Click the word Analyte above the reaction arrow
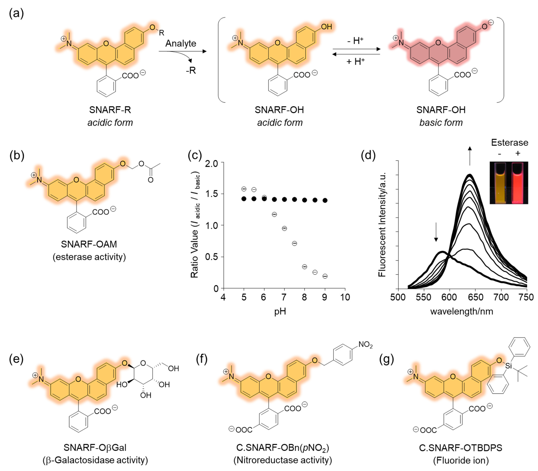(x=181, y=43)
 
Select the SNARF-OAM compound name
(x=89, y=244)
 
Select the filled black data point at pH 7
(x=284, y=199)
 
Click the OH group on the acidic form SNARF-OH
(x=326, y=27)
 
